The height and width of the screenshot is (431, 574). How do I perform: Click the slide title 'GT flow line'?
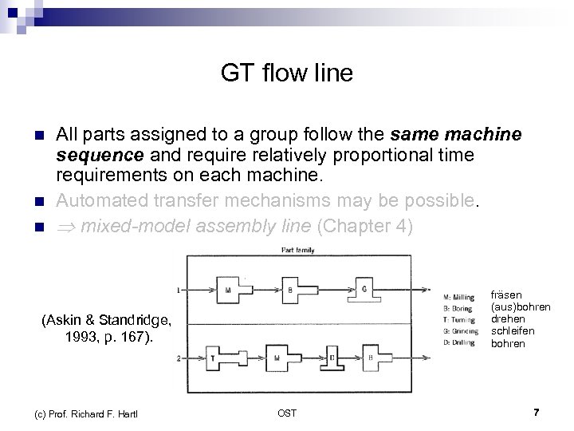[287, 74]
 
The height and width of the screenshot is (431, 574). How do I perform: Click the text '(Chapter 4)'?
[365, 227]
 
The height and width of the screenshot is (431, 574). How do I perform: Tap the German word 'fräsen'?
[508, 295]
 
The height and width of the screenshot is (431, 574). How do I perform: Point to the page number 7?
[537, 412]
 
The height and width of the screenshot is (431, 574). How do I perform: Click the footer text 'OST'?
[287, 412]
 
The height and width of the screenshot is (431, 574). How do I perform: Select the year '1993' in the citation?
[83, 337]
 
